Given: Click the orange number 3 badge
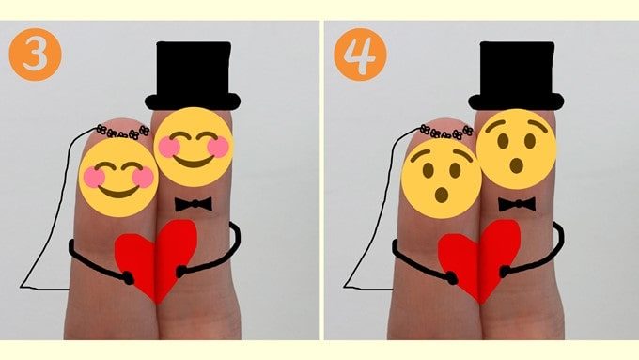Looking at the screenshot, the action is [x=35, y=55].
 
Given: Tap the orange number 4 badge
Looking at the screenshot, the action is [x=360, y=55].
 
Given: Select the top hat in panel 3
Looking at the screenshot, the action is [x=193, y=76].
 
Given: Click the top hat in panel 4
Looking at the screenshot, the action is [x=516, y=76].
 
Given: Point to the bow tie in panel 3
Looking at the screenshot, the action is [x=194, y=204].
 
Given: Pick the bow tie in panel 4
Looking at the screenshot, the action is [x=517, y=204].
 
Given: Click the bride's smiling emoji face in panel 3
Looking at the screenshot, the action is [x=118, y=178].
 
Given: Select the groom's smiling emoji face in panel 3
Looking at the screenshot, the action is [x=194, y=147].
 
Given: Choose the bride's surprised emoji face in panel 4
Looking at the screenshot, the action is [x=442, y=179].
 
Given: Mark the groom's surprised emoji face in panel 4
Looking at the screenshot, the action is [x=516, y=149].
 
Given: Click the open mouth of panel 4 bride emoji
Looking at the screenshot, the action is [x=442, y=195].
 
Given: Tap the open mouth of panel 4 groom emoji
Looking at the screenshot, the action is [x=517, y=165].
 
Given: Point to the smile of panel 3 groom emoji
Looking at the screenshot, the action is [x=194, y=162].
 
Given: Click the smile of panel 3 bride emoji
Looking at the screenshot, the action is [x=118, y=192].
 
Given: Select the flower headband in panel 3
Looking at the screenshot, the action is [x=123, y=133].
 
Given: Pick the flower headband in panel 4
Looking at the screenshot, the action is [x=446, y=132].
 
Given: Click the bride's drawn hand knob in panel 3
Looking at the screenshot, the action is [x=129, y=278].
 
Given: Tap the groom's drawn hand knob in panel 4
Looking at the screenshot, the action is [x=505, y=271].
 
